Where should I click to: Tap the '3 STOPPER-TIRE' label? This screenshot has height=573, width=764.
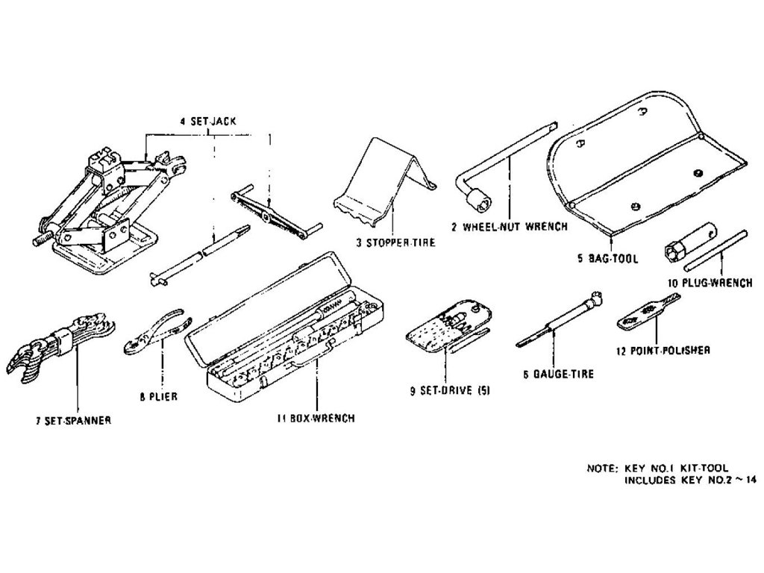coord(395,242)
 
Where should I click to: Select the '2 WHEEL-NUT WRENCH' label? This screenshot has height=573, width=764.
coord(509,226)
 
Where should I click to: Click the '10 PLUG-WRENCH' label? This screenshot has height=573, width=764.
coord(710,284)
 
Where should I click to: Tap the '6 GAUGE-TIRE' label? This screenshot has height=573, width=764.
coord(559,374)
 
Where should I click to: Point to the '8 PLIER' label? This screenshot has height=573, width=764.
coord(158,397)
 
